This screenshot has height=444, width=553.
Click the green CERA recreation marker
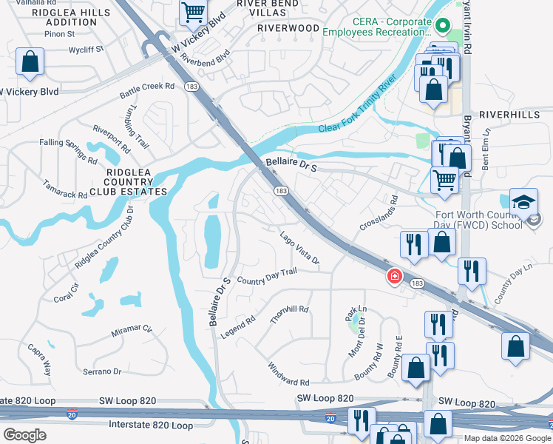pyautogui.click(x=443, y=27)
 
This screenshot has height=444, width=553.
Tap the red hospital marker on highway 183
pyautogui.click(x=395, y=277)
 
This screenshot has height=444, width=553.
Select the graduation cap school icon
pyautogui.click(x=522, y=202)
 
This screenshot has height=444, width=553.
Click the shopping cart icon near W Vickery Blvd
pyautogui.click(x=193, y=12)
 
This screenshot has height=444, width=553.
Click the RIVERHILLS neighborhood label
pyautogui.click(x=511, y=115)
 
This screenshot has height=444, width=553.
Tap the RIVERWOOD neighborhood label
pyautogui.click(x=288, y=28)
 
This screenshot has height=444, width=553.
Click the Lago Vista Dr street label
pyautogui.click(x=299, y=248)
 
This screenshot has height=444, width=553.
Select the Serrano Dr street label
pyautogui.click(x=101, y=371)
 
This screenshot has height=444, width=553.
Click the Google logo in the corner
pyautogui.click(x=24, y=435)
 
